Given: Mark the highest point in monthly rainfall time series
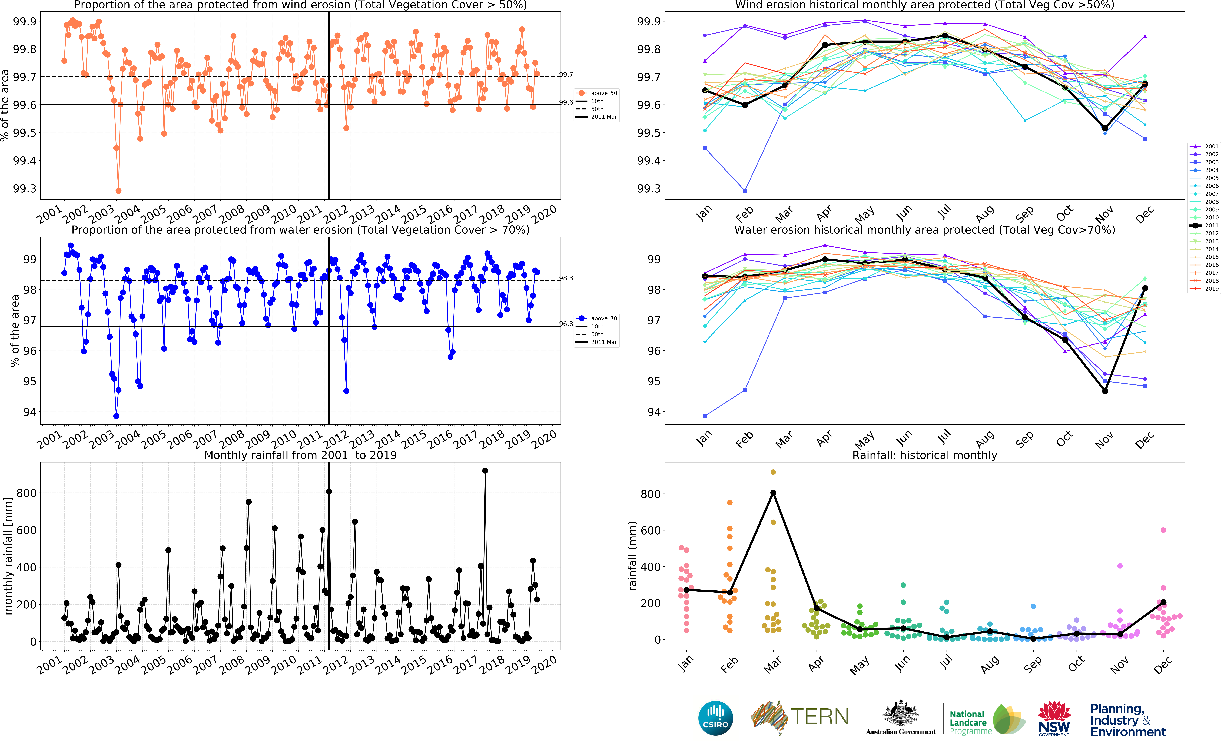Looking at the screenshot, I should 485,471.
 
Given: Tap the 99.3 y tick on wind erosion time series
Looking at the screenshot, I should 25,188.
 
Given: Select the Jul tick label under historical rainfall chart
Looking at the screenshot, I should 945,662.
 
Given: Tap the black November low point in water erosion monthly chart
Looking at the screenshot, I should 1105,391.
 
